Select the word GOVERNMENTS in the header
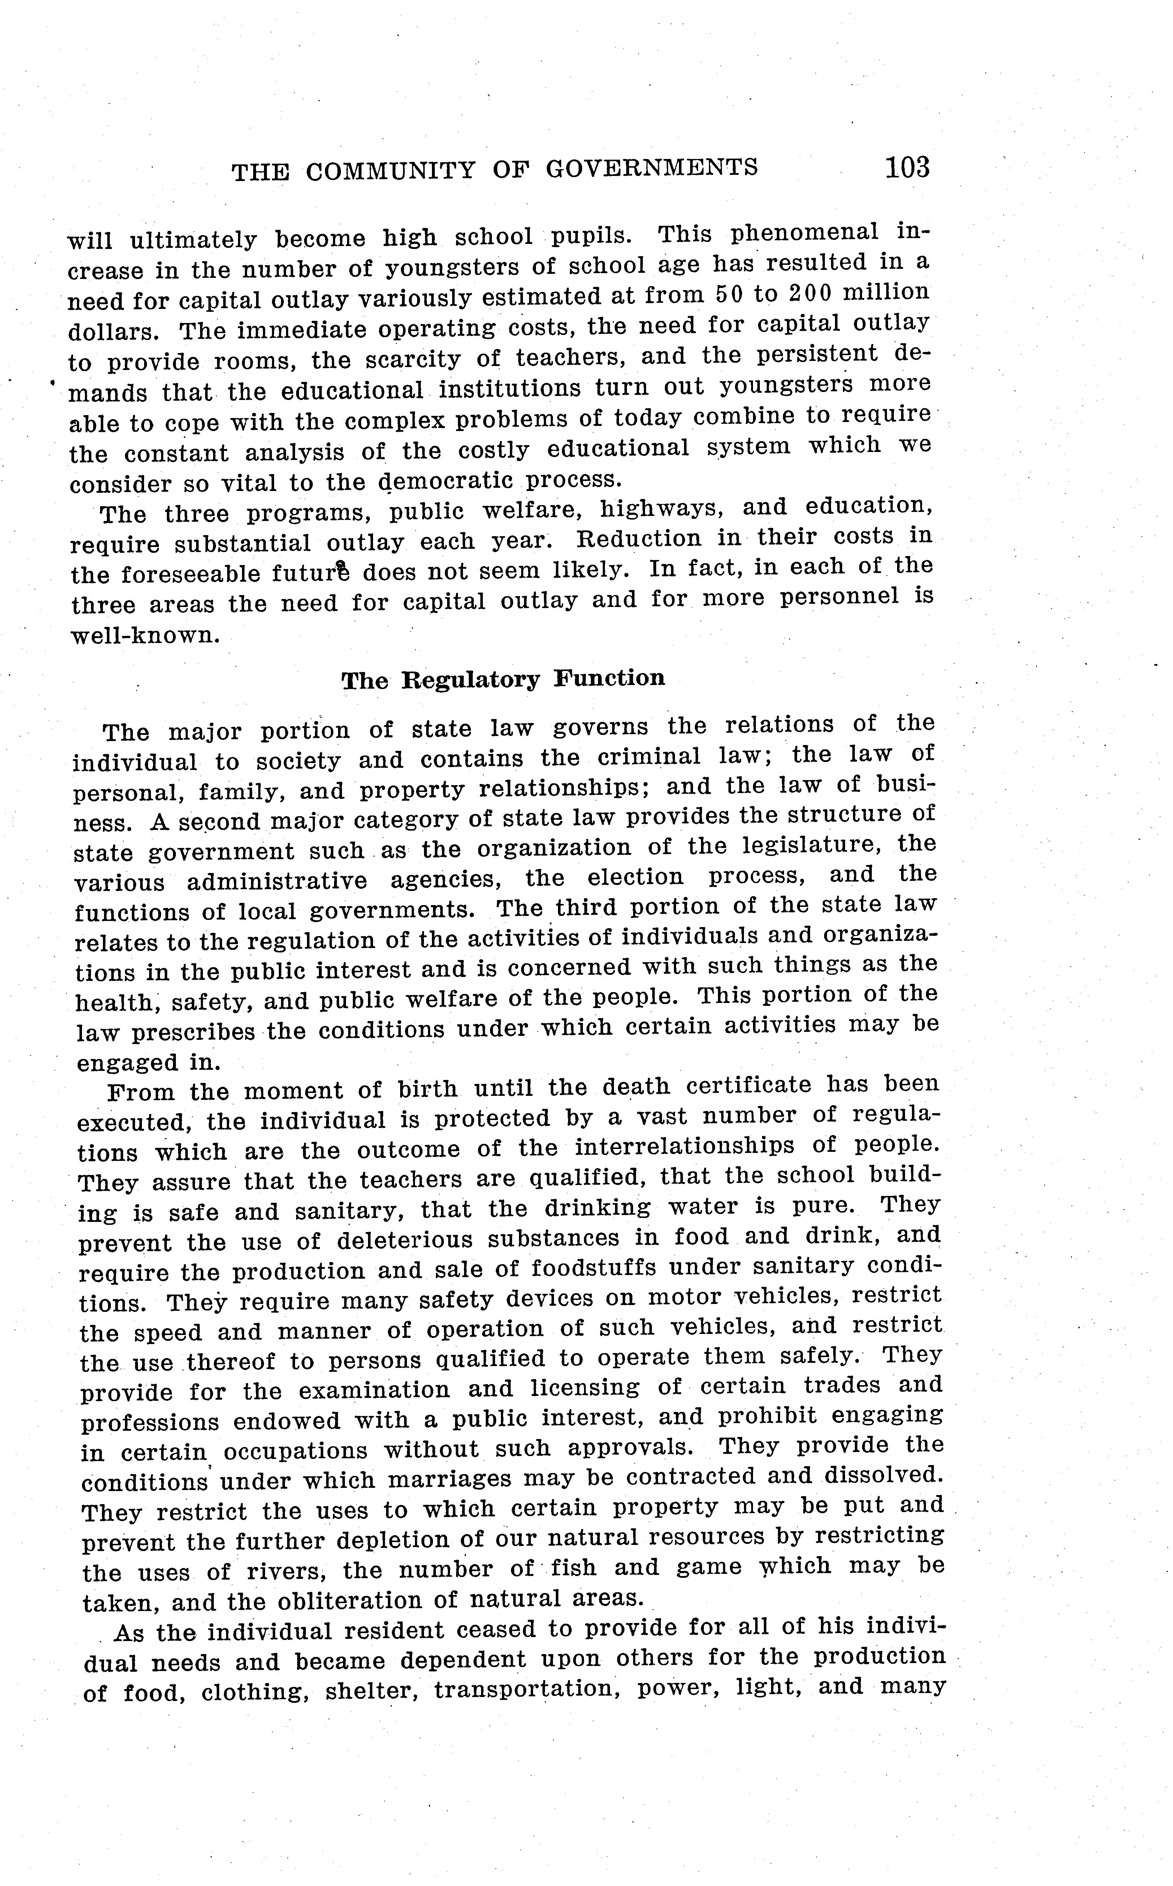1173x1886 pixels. [652, 168]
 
